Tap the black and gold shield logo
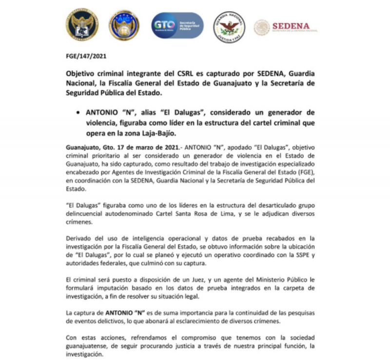click(82, 25)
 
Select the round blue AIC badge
click(124, 25)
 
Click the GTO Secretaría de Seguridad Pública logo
click(177, 25)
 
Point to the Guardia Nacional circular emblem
click(230, 26)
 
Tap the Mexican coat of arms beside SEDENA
click(262, 27)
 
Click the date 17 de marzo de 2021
click(137, 147)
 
